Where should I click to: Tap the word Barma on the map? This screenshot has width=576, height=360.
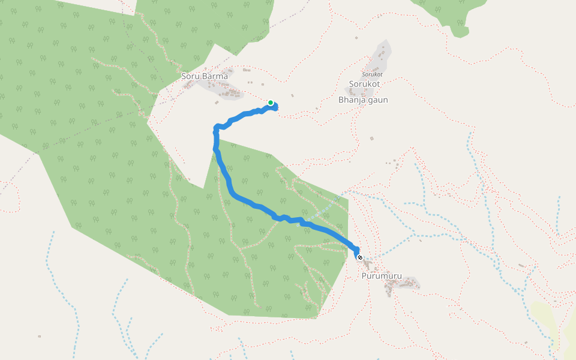217,76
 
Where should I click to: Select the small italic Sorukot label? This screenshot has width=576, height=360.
372,74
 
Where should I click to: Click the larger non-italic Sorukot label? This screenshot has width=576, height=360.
365,84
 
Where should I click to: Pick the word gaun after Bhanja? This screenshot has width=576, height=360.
378,100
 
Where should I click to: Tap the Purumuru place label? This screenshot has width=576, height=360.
382,276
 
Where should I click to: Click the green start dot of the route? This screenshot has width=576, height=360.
271,103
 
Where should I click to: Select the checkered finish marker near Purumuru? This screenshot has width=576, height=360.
360,257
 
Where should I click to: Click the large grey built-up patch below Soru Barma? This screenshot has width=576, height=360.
225,92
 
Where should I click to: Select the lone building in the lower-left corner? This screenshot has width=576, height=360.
40,336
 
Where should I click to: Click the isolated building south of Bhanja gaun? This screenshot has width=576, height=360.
371,139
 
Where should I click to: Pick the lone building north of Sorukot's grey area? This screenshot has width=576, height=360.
356,38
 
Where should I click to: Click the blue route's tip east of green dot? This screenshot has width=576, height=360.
277,107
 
